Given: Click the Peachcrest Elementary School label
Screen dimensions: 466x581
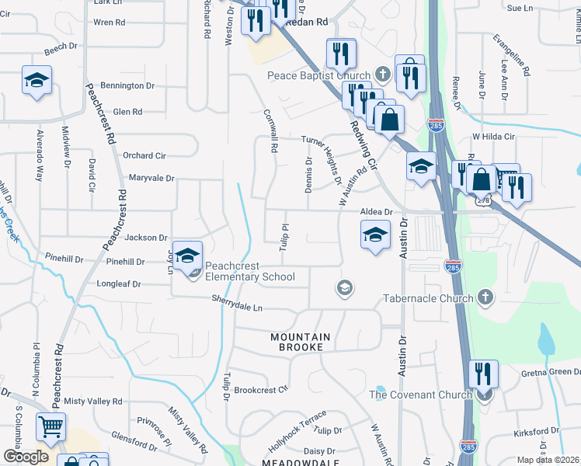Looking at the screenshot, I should click(x=250, y=276).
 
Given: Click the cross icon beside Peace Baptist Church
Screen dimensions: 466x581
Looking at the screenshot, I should click(x=382, y=75).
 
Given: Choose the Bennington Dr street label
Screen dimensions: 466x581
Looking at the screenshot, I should click(x=128, y=85).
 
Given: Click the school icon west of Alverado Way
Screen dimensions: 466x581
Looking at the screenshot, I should click(x=37, y=82).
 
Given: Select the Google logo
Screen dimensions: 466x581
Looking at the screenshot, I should click(x=26, y=456).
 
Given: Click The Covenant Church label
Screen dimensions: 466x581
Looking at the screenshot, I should click(x=420, y=395).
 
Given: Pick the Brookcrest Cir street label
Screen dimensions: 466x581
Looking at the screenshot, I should click(x=261, y=390).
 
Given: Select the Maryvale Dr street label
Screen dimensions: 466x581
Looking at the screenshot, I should click(x=149, y=178).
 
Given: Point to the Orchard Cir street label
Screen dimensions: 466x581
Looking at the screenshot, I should click(x=144, y=155).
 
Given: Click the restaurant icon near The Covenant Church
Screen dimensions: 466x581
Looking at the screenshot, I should click(x=483, y=374).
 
